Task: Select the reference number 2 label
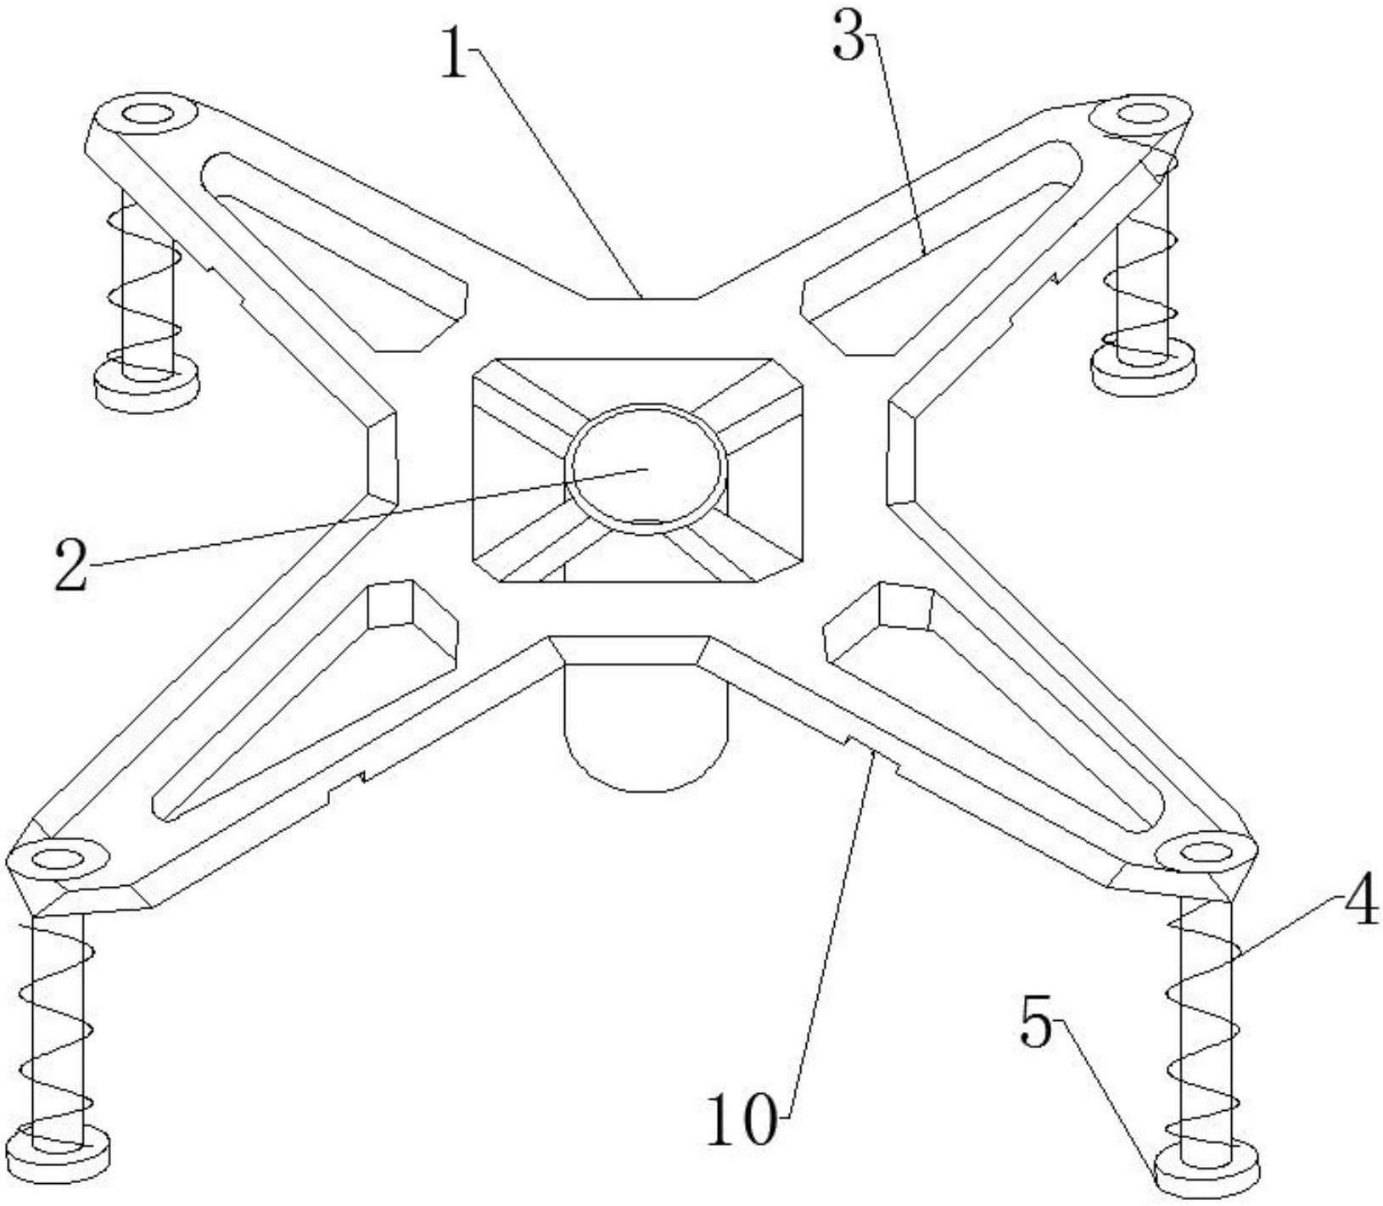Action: (x=71, y=564)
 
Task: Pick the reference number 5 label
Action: (x=1035, y=1024)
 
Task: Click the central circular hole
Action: (x=647, y=468)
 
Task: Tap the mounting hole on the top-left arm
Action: (x=148, y=113)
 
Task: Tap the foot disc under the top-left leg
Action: (x=146, y=384)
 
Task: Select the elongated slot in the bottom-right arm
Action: (x=993, y=704)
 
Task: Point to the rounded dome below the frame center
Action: (x=647, y=730)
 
